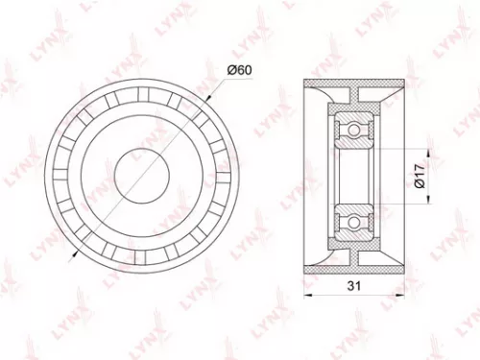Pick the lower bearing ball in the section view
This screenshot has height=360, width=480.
[353, 220]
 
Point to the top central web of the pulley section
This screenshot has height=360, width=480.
[353, 96]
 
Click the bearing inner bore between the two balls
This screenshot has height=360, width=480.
[353, 174]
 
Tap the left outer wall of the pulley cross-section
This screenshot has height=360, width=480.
[307, 174]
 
